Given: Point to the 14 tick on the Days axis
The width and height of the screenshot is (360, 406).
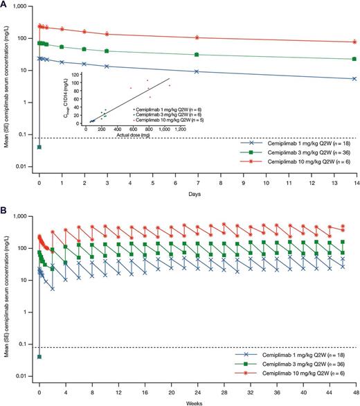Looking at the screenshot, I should pos(354,176).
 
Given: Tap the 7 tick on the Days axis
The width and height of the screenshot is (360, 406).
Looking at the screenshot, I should pos(197,176).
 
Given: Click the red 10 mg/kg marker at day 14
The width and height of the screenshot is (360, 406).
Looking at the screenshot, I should pos(354,42).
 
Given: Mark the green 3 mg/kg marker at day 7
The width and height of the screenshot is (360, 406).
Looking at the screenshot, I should pos(197,55).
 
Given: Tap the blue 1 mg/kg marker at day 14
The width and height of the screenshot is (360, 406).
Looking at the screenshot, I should pos(354,78).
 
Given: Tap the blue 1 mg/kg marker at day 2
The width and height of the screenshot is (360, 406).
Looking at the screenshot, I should pos(84,64).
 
